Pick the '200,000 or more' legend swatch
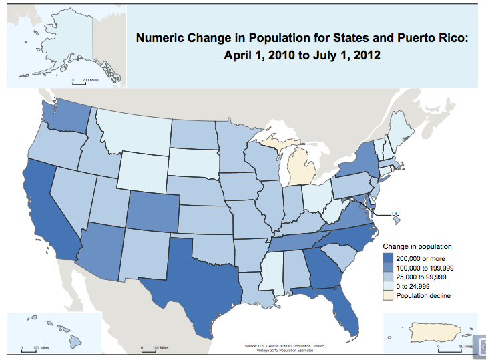pyautogui.click(x=388, y=258)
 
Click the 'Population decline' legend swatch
pyautogui.click(x=388, y=295)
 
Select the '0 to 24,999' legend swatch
pyautogui.click(x=388, y=286)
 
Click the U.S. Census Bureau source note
pyautogui.click(x=285, y=347)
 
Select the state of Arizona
pyautogui.click(x=100, y=247)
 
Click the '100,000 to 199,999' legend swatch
pyautogui.click(x=388, y=267)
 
